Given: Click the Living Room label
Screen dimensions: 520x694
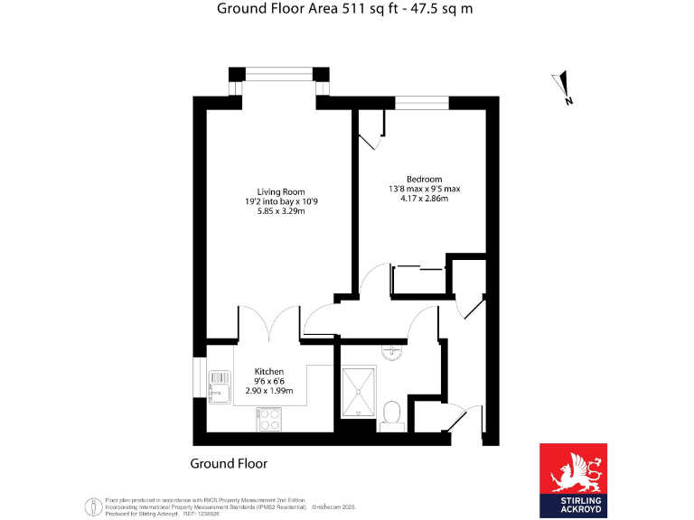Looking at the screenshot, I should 280,191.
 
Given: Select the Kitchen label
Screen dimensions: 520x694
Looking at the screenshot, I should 269,371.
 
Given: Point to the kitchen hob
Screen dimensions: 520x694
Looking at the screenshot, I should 269,417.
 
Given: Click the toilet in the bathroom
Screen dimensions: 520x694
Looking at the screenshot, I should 392,413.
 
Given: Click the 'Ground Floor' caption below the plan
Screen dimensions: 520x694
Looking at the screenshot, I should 229,463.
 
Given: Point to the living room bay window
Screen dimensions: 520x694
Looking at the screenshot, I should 279,76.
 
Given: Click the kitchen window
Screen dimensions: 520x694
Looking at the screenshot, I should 199,377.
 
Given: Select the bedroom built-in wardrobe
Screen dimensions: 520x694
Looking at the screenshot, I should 419,280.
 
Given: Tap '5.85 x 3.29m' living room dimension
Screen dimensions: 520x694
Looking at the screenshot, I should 280,213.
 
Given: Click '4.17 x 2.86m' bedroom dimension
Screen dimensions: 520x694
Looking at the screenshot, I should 418,200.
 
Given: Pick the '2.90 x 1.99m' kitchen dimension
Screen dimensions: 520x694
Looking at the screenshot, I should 269,391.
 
